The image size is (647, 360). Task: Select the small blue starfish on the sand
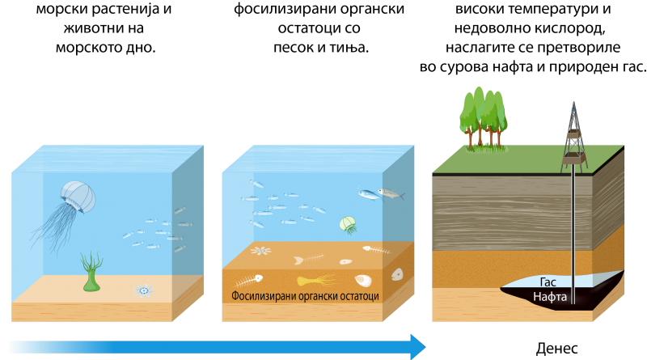tap(144, 290)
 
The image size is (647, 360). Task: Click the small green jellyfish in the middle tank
tap(348, 224)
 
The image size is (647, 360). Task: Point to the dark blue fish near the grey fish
tap(368, 194)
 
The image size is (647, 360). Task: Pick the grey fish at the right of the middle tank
tap(391, 193)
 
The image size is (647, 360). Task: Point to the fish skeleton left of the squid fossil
tap(249, 280)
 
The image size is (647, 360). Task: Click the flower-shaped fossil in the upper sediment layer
tap(260, 250)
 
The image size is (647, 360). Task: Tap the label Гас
tap(548, 282)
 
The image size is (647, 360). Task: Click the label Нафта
tap(549, 297)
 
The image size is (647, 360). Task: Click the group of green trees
tap(484, 117)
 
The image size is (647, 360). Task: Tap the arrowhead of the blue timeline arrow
tap(418, 346)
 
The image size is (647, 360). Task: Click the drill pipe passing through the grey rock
tap(573, 210)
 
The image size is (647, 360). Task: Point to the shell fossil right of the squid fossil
tap(362, 281)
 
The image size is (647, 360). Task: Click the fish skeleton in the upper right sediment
tap(376, 250)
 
